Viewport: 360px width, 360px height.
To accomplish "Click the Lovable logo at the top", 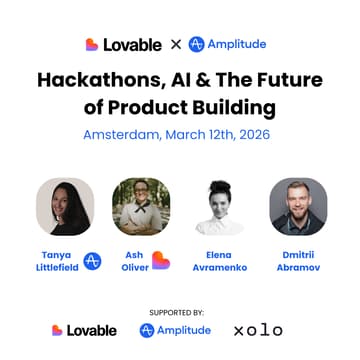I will pyautogui.click(x=122, y=44).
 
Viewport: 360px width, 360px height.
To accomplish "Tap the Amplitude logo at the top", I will pyautogui.click(x=228, y=44).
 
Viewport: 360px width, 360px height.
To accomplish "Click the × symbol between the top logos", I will pyautogui.click(x=175, y=44).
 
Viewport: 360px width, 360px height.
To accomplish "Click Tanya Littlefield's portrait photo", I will pyautogui.click(x=65, y=207).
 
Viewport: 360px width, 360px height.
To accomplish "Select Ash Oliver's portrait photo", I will pyautogui.click(x=140, y=207).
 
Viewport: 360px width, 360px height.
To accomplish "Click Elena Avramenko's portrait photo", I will pyautogui.click(x=219, y=207).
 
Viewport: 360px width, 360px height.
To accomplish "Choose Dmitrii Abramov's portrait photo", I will pyautogui.click(x=298, y=207).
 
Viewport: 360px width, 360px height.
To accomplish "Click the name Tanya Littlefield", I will pyautogui.click(x=56, y=261).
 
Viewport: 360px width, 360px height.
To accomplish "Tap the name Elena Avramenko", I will pyautogui.click(x=219, y=261).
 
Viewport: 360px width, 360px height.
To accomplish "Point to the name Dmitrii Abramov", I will pyautogui.click(x=298, y=261).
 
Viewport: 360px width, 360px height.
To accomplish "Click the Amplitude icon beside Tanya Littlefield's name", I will pyautogui.click(x=92, y=261).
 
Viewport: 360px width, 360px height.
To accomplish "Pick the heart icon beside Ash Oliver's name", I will pyautogui.click(x=161, y=261).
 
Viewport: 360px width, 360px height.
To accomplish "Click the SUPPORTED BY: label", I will pyautogui.click(x=179, y=310).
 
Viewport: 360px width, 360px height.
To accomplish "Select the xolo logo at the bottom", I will pyautogui.click(x=258, y=330).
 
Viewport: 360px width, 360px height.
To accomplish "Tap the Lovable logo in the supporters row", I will pyautogui.click(x=84, y=330).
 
